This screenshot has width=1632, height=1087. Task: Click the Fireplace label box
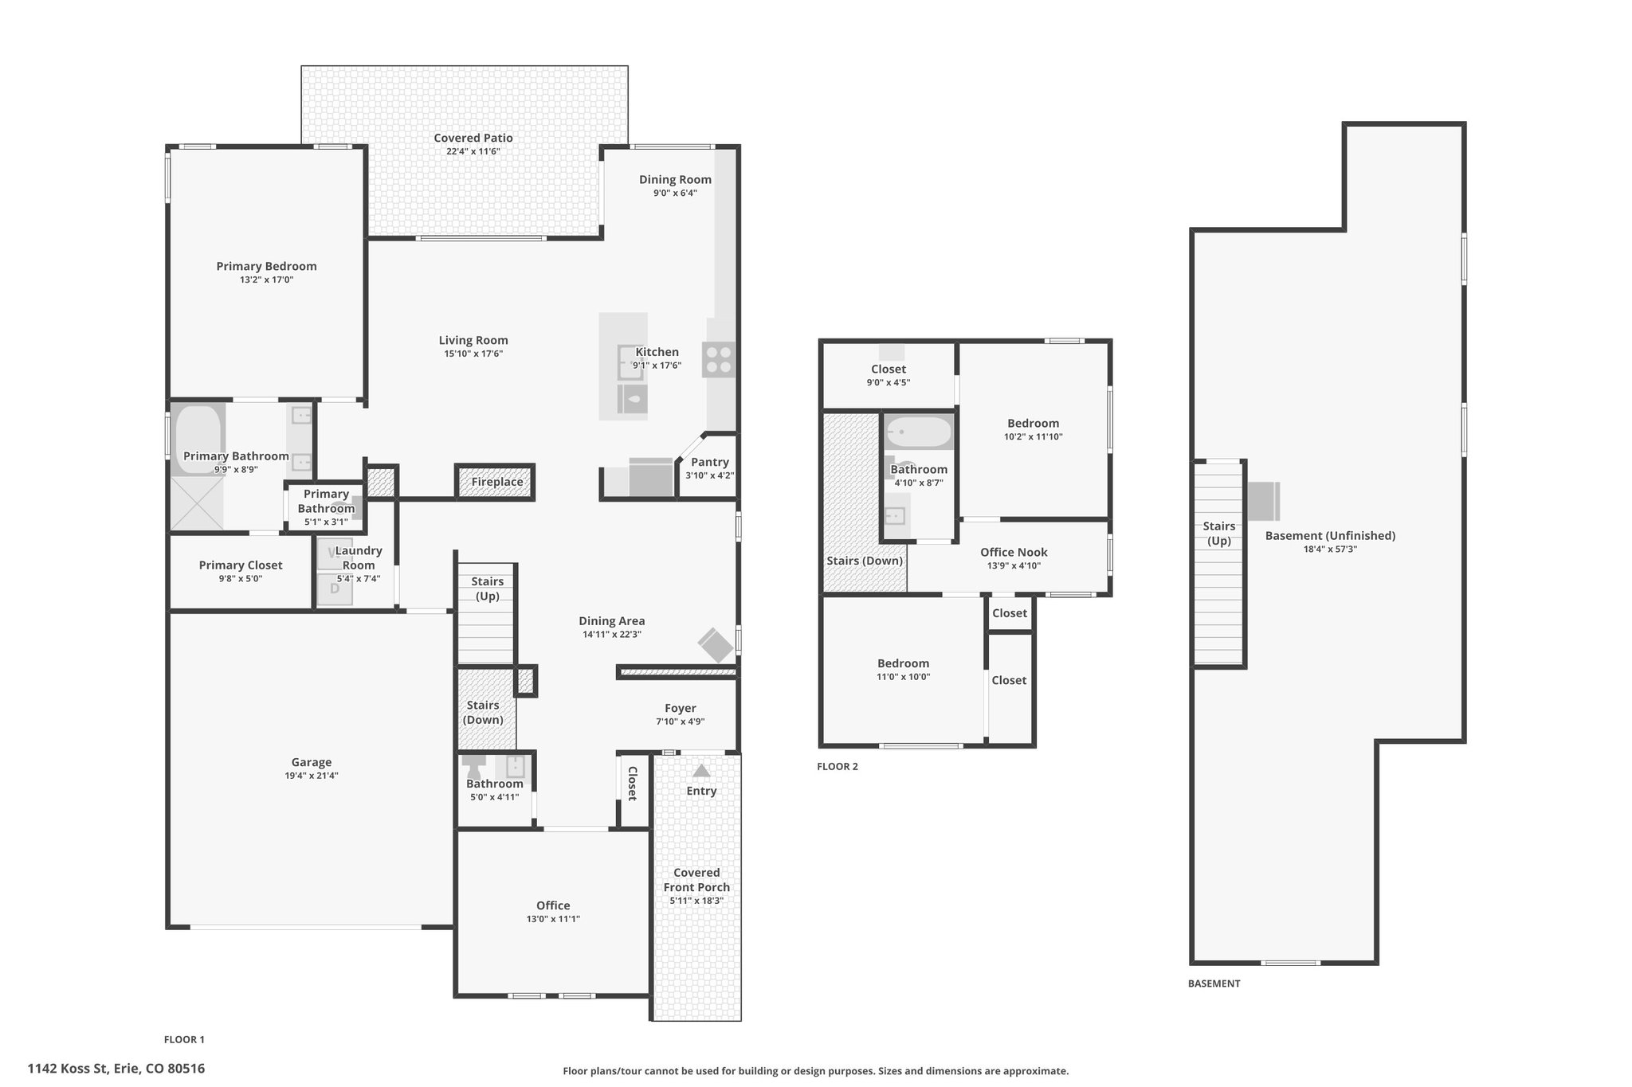click(x=497, y=482)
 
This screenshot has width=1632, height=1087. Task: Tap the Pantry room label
click(x=710, y=462)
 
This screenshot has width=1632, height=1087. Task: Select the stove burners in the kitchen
click(x=719, y=359)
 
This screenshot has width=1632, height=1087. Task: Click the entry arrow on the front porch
click(x=701, y=771)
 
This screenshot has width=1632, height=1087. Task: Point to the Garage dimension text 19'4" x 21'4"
click(x=311, y=776)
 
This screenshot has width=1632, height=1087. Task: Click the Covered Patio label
click(x=473, y=138)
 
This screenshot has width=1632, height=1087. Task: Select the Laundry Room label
click(x=359, y=557)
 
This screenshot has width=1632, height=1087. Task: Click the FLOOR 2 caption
click(x=838, y=767)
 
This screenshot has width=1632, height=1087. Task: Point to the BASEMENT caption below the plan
click(x=1214, y=983)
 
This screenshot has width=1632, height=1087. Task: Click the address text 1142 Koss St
click(x=67, y=1069)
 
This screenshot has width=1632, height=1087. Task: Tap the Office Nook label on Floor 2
click(x=1014, y=552)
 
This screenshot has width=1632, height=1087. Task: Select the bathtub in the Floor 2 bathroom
click(x=920, y=432)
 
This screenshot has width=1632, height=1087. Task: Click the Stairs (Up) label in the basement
click(x=1219, y=534)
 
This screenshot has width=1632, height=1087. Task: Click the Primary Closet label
click(x=241, y=565)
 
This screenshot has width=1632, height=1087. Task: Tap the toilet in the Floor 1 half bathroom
click(x=474, y=766)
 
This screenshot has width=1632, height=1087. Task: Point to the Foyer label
click(x=681, y=708)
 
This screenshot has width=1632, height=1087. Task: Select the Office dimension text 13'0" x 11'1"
click(x=553, y=919)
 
